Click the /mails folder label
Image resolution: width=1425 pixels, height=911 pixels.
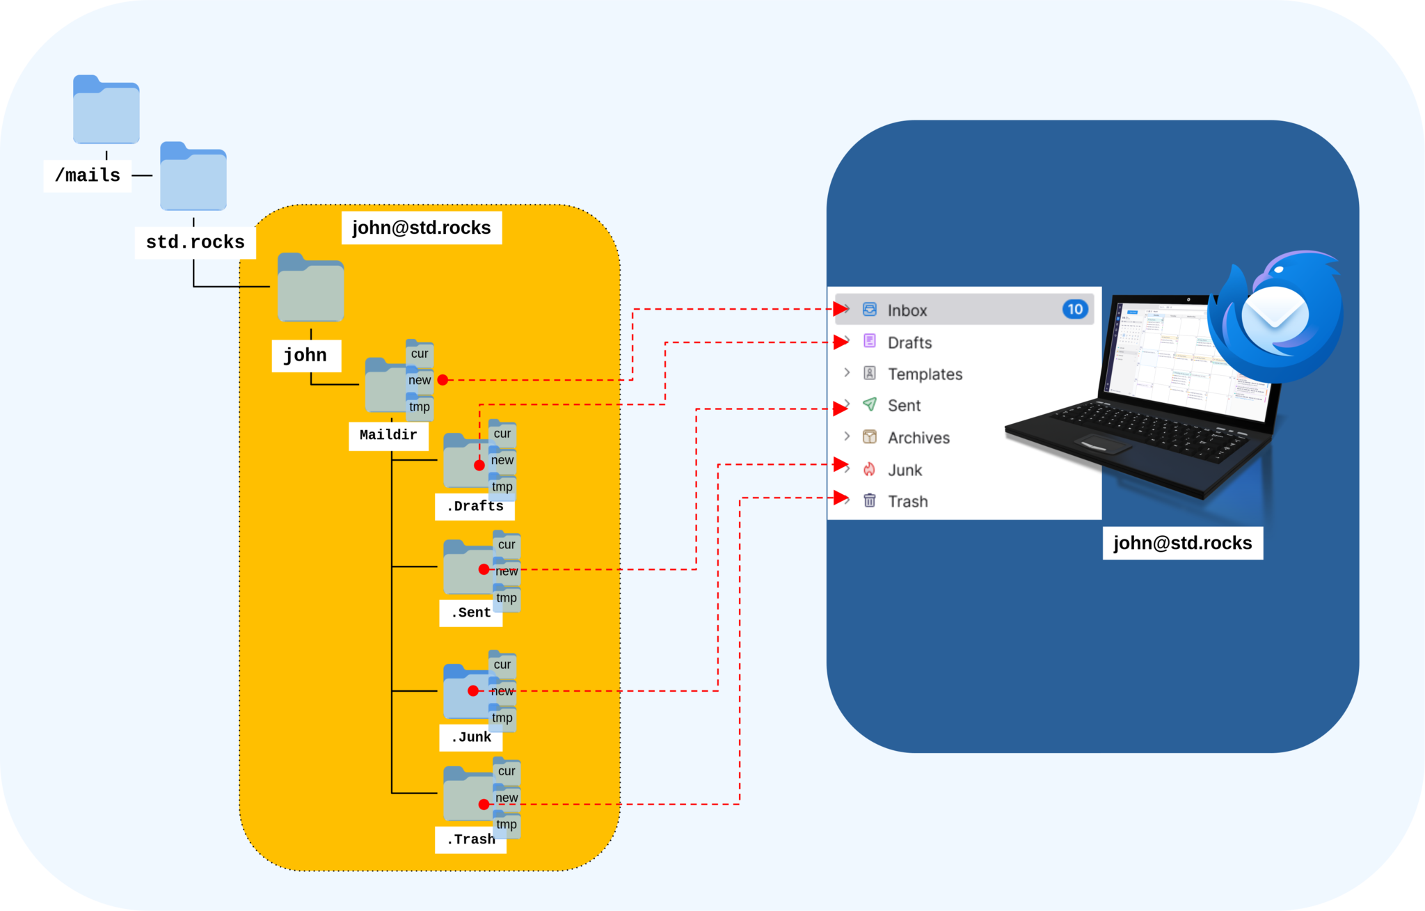88,175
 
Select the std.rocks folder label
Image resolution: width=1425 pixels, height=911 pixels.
195,242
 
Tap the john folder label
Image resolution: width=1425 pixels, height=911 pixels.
305,355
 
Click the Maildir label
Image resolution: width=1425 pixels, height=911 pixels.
388,435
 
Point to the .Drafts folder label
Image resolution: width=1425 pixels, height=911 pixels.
475,506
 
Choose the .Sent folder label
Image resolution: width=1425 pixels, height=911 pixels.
470,612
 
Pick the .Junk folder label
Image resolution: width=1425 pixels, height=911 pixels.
470,737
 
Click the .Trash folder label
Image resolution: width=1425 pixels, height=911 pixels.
470,839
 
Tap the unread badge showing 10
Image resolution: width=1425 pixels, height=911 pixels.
1074,309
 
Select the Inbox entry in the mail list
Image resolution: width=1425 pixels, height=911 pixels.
907,310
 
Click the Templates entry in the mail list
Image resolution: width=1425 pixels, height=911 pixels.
925,374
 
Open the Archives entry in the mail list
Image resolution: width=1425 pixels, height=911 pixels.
918,438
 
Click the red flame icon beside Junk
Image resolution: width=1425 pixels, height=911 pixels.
869,470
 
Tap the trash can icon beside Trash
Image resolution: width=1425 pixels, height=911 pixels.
869,500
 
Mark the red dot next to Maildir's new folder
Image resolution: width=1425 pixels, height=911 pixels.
443,380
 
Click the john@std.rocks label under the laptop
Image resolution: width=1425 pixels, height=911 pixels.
1182,543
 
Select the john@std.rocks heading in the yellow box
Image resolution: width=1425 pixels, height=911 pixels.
421,228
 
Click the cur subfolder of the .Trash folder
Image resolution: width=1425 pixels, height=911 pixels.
507,770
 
